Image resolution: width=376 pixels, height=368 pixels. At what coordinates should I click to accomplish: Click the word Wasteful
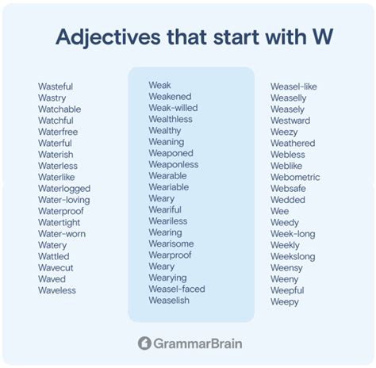click(57, 86)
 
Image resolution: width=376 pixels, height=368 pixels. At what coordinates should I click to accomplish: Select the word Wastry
click(52, 98)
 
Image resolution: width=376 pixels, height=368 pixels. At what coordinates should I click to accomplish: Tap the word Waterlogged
click(64, 189)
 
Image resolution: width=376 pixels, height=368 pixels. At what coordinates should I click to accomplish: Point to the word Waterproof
click(61, 212)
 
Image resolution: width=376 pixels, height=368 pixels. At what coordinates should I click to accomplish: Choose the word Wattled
click(54, 257)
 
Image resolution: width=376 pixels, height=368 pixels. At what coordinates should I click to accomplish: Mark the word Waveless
click(57, 290)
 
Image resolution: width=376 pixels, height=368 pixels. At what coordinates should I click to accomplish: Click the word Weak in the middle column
click(159, 85)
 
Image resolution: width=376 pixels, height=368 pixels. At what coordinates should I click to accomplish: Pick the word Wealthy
click(165, 130)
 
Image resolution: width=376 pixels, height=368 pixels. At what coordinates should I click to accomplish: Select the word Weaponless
click(174, 164)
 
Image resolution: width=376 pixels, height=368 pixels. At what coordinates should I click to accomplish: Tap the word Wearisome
click(171, 243)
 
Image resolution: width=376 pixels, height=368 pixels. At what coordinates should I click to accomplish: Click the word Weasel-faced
click(177, 289)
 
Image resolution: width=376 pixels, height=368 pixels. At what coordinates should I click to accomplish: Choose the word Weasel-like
click(294, 86)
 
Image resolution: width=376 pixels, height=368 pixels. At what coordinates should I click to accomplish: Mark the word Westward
click(290, 121)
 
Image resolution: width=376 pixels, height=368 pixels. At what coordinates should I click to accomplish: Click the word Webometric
click(295, 178)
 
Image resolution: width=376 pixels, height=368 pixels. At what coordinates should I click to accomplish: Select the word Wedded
click(287, 201)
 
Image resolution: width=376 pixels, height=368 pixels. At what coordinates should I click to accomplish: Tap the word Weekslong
click(293, 257)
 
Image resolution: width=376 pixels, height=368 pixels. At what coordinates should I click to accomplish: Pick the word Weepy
click(285, 302)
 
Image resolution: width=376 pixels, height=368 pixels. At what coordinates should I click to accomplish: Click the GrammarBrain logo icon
click(144, 343)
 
